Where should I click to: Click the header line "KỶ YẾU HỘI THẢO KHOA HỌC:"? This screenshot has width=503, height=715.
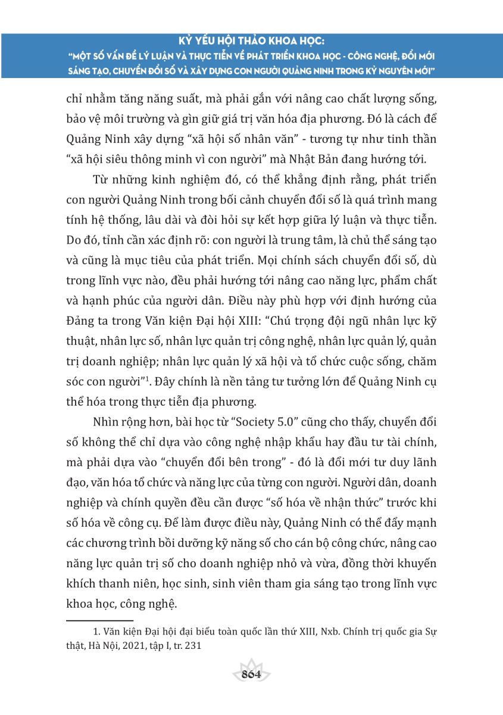(x=251, y=43)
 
